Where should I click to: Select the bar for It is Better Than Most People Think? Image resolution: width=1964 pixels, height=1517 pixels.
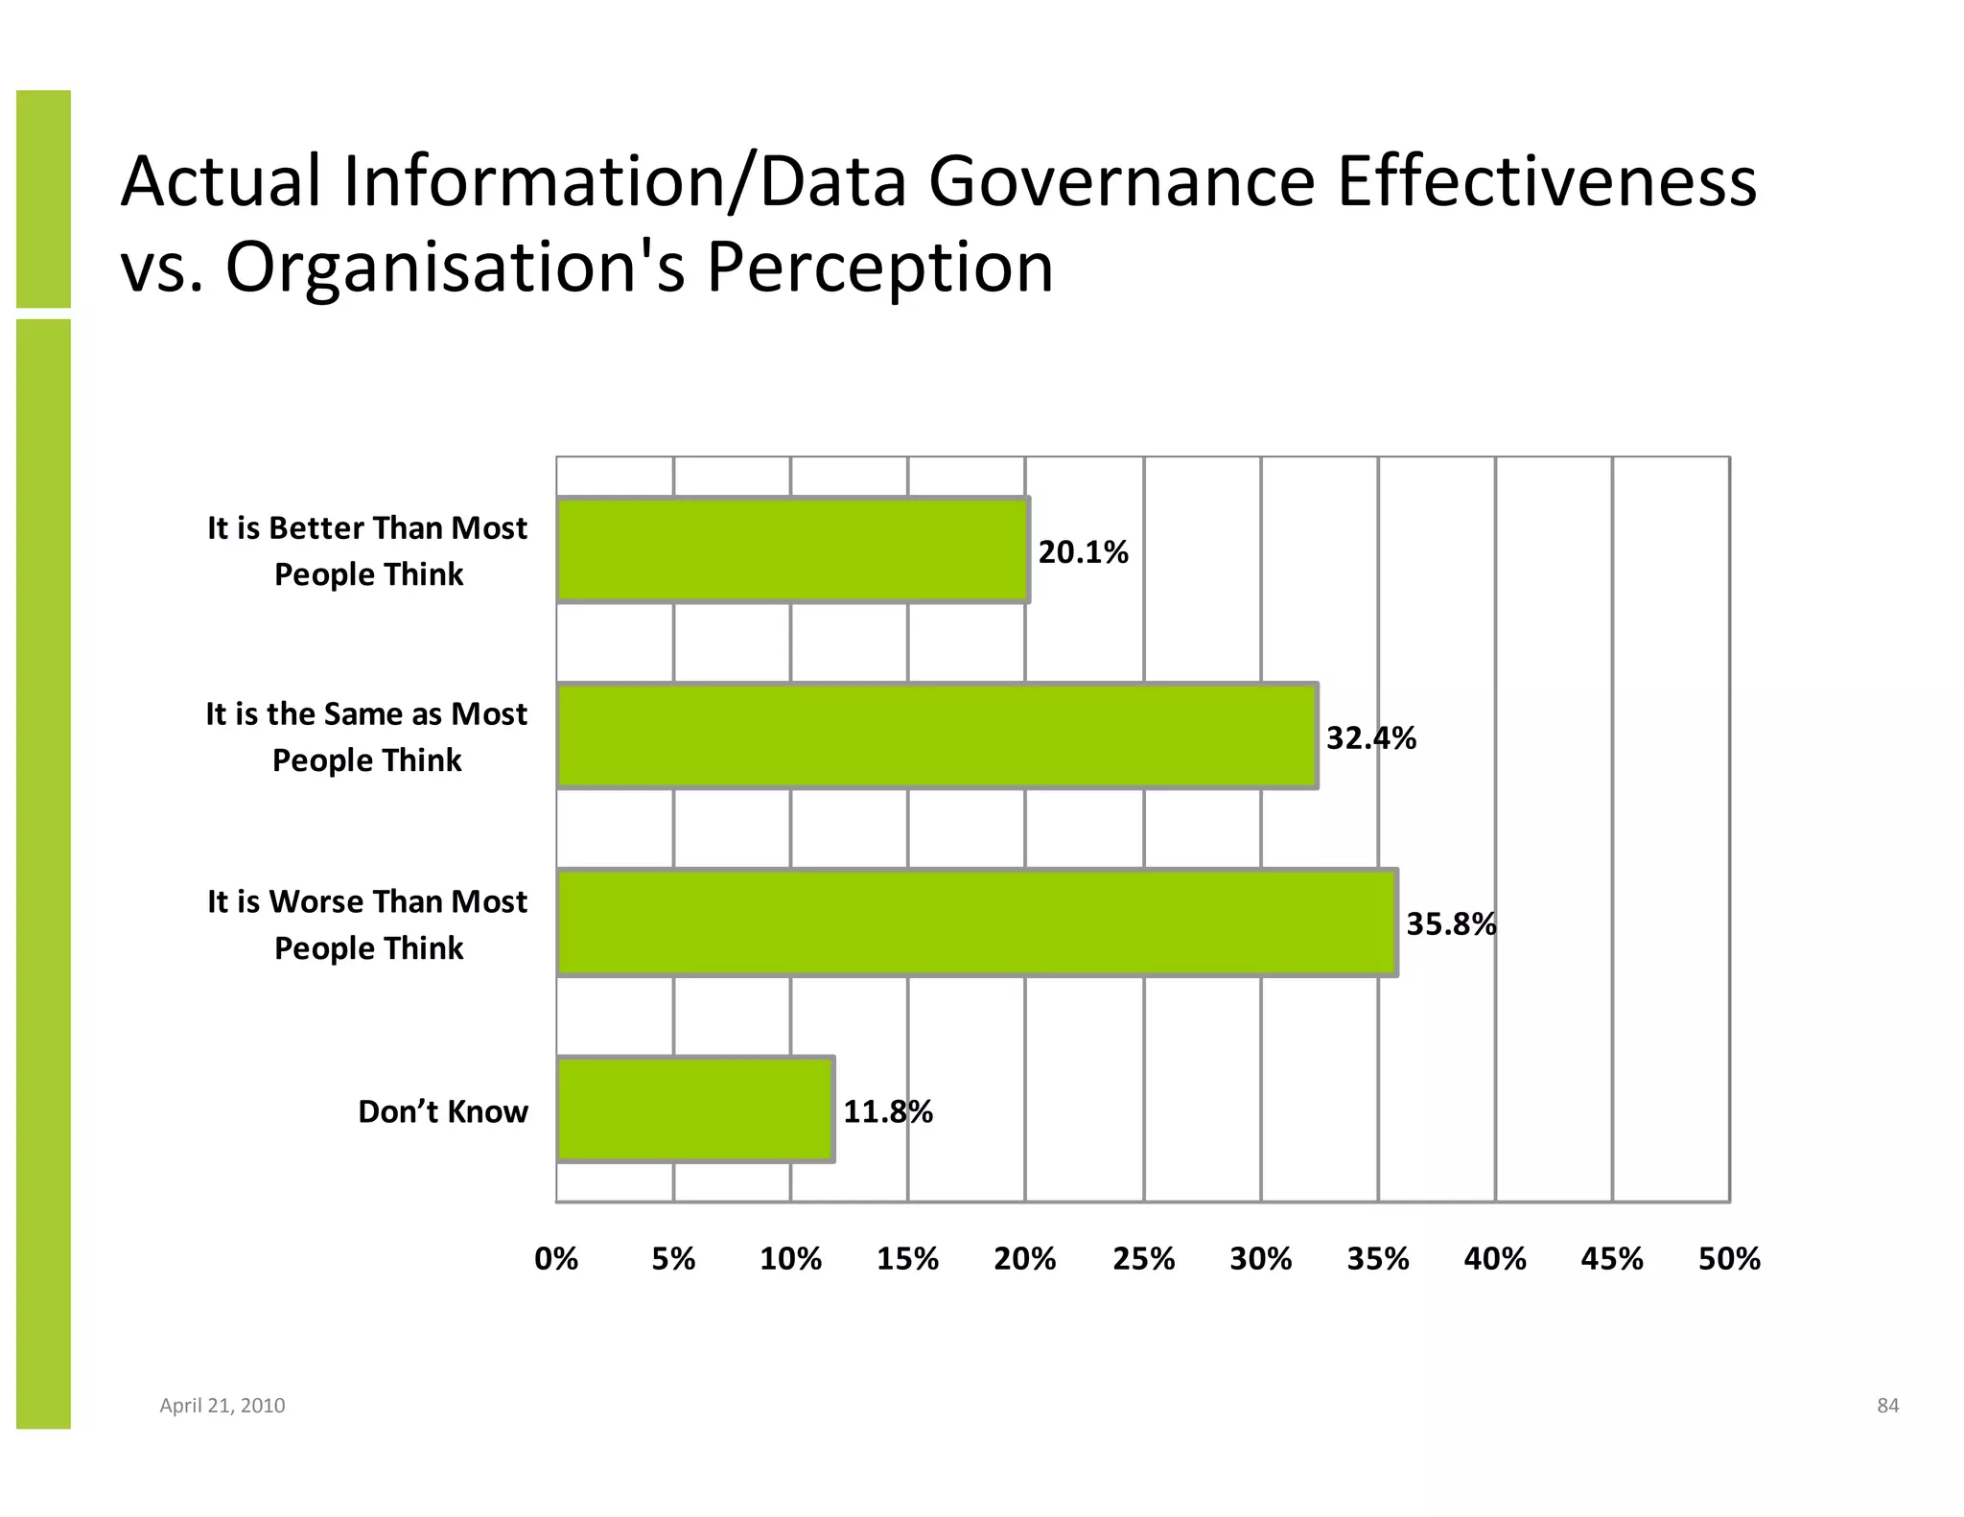(x=792, y=550)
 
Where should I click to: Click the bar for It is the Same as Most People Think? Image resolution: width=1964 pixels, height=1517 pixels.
(x=936, y=736)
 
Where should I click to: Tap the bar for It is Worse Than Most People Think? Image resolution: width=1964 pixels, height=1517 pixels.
(x=976, y=922)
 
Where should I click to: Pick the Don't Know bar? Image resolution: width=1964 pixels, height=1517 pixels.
(x=694, y=1109)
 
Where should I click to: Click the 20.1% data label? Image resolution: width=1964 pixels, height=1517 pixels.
(x=1083, y=552)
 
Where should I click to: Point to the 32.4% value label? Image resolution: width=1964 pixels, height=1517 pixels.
(x=1370, y=738)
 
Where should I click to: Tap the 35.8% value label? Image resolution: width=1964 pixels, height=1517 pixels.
(x=1450, y=924)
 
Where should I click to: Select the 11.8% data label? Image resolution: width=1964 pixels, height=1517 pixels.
(x=887, y=1111)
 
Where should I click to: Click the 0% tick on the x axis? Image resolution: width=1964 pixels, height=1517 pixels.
(x=556, y=1258)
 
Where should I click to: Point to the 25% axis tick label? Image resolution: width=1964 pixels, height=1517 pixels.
(x=1143, y=1258)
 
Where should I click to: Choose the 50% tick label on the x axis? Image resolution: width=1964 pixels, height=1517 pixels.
(x=1729, y=1258)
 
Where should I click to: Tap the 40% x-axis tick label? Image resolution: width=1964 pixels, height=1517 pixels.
(x=1495, y=1258)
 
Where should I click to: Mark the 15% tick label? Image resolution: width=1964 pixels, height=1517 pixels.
(x=907, y=1258)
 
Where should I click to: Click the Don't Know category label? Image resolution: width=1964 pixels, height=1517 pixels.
(x=443, y=1111)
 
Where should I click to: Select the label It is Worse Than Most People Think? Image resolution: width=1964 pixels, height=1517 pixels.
(x=367, y=924)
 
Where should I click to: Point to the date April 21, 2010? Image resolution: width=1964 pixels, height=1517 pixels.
(x=222, y=1406)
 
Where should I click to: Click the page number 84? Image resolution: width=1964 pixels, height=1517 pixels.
(x=1887, y=1406)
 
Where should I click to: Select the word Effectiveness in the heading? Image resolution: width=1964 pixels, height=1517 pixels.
(x=1546, y=182)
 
